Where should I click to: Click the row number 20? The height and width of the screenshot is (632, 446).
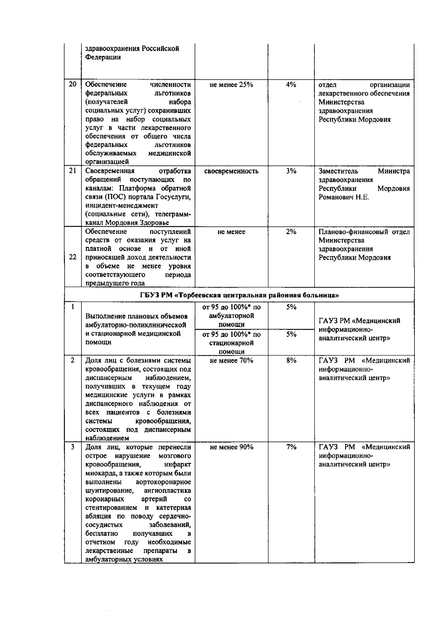(x=72, y=84)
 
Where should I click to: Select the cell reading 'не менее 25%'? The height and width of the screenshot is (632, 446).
(x=231, y=84)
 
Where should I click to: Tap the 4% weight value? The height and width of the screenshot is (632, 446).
(x=291, y=84)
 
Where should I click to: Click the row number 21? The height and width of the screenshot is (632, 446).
(x=72, y=171)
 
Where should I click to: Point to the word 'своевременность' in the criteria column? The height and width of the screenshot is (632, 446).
(x=231, y=171)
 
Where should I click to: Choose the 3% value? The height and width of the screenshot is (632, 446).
(x=291, y=171)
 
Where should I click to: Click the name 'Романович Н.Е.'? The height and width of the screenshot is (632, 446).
(x=344, y=197)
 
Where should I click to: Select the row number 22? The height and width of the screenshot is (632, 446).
(x=72, y=257)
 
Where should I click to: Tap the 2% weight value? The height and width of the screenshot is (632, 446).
(x=291, y=232)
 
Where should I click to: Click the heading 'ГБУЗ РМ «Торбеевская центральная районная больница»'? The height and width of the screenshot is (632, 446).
(x=239, y=296)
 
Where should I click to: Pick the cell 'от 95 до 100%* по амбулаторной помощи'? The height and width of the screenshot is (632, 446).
(x=231, y=316)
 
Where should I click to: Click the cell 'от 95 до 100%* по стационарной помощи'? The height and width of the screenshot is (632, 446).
(x=231, y=343)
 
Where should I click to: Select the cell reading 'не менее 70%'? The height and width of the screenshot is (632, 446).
(x=231, y=360)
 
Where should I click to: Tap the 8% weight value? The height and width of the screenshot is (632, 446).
(x=291, y=360)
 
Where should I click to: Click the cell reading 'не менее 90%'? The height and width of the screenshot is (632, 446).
(x=231, y=447)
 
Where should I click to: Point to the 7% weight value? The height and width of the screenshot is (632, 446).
(x=291, y=447)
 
